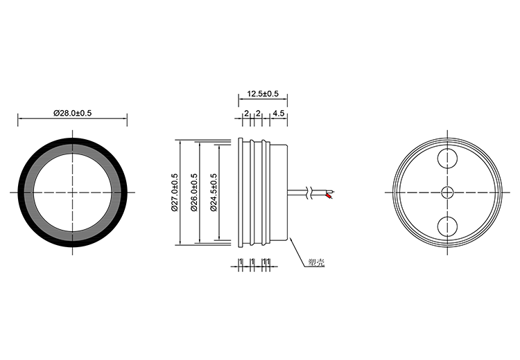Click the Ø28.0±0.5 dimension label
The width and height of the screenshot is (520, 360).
click(x=72, y=113)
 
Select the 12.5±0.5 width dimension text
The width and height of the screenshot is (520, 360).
click(x=263, y=93)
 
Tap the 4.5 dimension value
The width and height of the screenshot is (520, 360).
click(x=278, y=114)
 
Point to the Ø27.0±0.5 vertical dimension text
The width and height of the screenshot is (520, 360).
click(x=175, y=192)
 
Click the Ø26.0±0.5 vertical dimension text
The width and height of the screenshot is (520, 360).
click(x=194, y=192)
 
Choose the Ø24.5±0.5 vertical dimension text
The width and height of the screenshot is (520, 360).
click(x=214, y=192)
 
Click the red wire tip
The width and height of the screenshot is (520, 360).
click(x=329, y=197)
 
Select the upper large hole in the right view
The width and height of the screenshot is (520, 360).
click(x=448, y=159)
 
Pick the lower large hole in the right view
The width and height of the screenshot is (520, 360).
click(x=448, y=226)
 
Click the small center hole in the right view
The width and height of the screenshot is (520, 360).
click(x=448, y=192)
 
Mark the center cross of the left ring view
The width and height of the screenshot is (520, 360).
click(x=72, y=192)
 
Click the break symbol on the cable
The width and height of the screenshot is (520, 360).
click(x=311, y=192)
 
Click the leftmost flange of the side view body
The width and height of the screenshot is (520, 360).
click(x=241, y=192)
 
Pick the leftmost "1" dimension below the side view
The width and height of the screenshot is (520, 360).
click(x=241, y=262)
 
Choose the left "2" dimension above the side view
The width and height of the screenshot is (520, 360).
click(x=246, y=114)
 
